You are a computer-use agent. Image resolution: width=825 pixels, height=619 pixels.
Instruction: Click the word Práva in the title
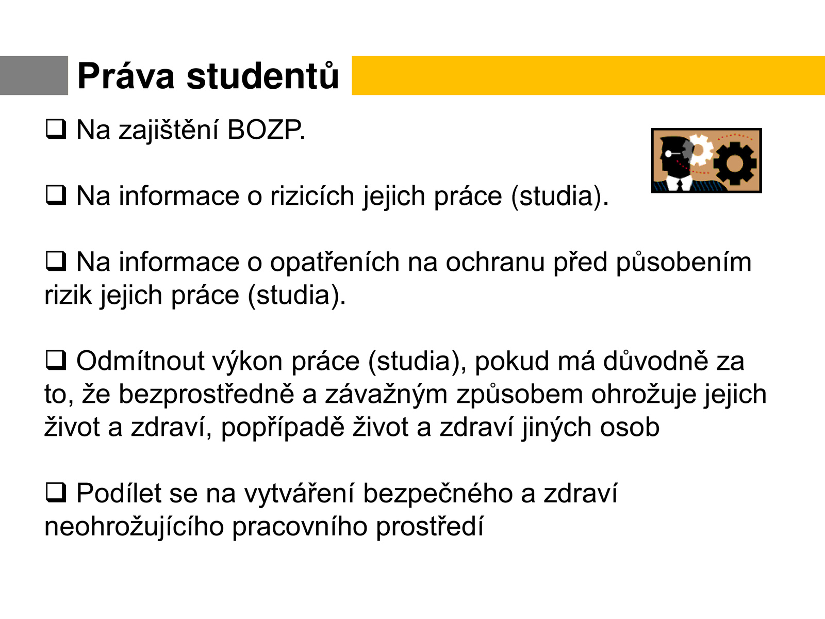125,76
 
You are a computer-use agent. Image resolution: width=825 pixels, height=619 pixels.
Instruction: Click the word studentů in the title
263,75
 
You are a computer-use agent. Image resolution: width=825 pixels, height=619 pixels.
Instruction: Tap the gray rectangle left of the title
34,75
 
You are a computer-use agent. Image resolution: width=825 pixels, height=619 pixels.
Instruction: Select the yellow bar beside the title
588,75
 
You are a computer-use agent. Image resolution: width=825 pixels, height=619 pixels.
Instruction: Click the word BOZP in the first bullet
266,130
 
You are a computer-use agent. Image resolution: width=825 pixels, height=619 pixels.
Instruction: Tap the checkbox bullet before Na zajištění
56,129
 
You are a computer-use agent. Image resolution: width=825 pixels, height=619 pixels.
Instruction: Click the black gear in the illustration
735,162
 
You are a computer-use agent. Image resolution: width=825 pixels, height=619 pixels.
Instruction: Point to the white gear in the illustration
698,150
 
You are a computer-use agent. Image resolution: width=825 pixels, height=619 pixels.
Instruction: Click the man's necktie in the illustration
680,185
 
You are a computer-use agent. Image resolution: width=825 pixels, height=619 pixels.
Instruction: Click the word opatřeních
335,263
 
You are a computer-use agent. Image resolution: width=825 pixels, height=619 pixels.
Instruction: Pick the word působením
684,263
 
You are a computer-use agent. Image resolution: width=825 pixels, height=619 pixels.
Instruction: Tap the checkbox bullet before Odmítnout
56,360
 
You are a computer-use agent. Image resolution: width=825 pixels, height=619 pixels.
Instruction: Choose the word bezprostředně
206,394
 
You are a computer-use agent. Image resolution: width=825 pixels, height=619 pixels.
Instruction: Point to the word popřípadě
283,427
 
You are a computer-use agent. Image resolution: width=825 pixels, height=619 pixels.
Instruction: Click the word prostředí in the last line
430,527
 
